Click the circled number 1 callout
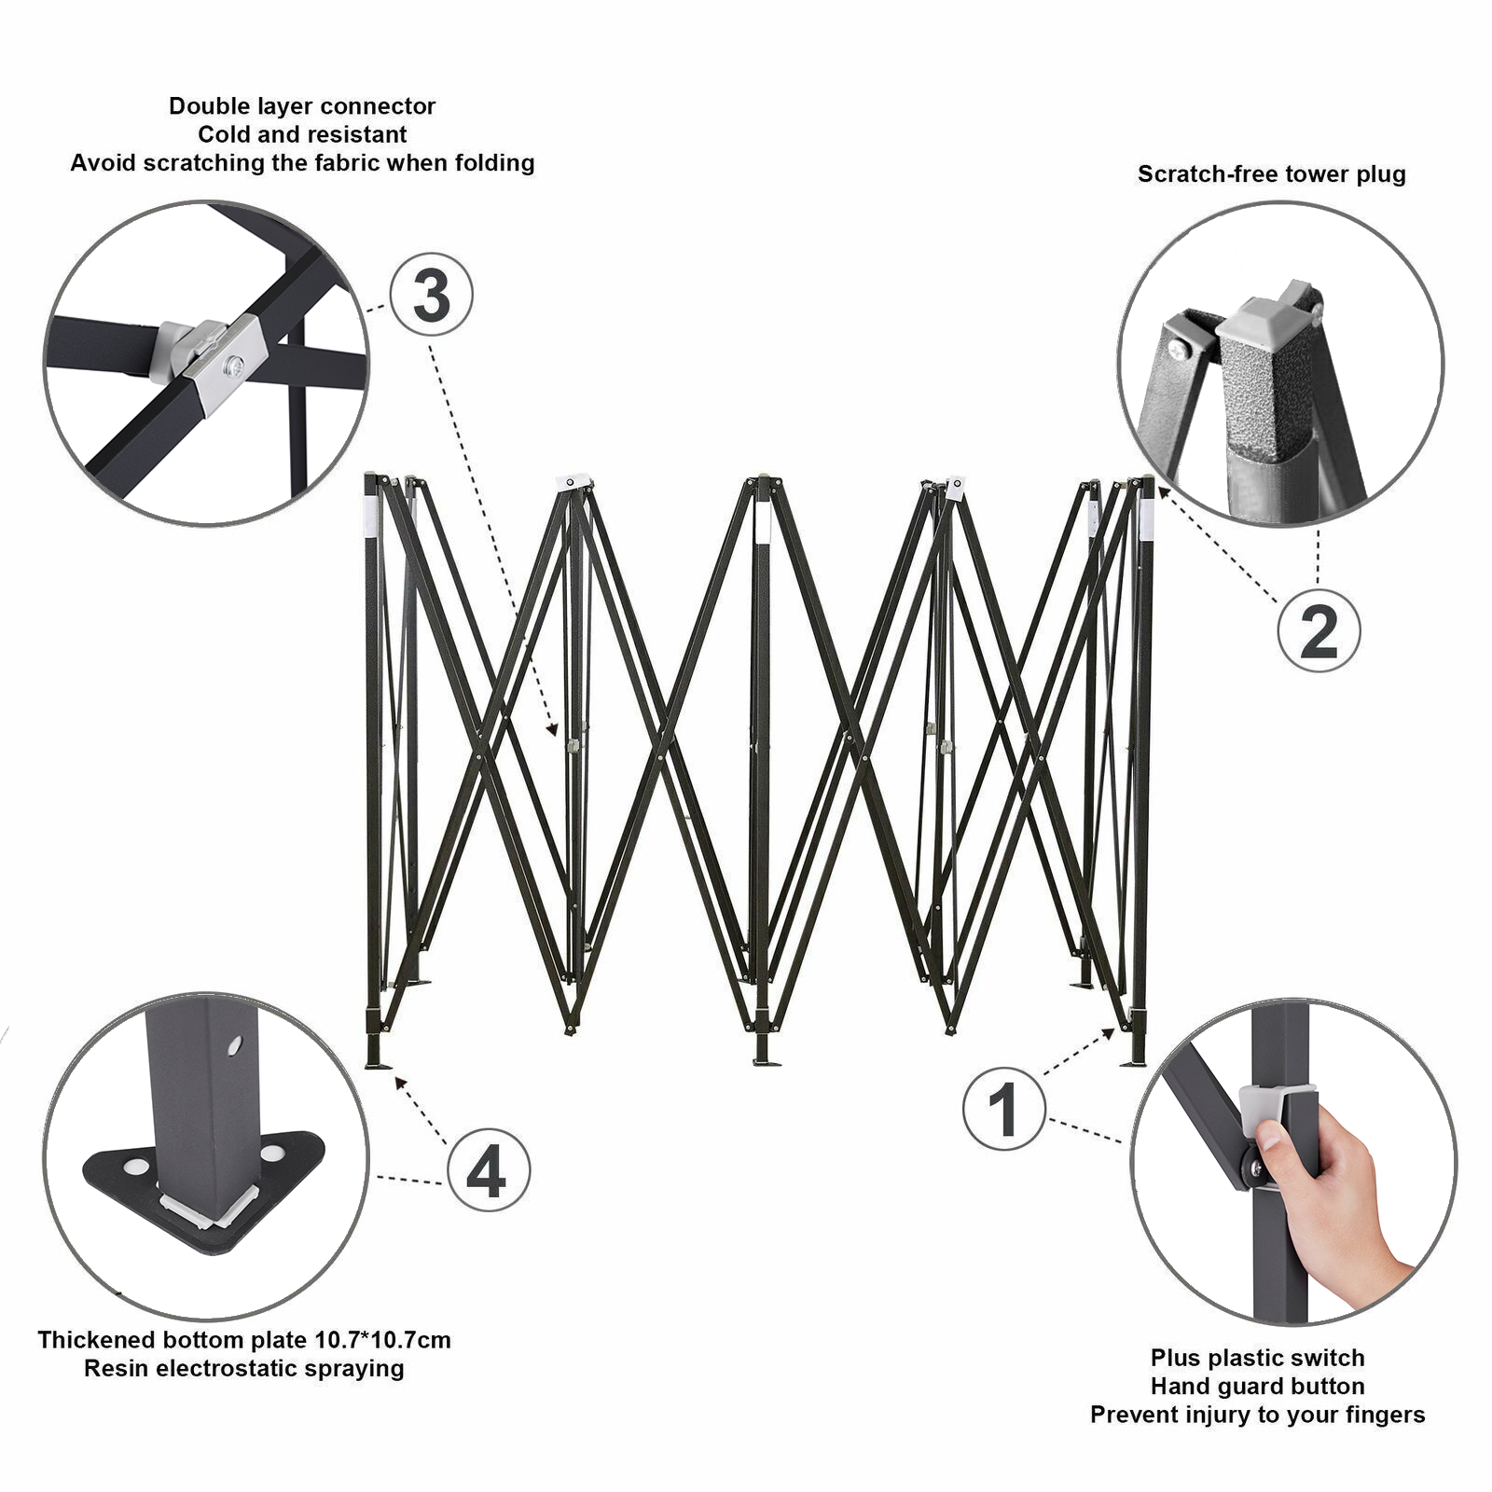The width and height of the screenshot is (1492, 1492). click(x=1003, y=1109)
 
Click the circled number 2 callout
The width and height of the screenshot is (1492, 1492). click(x=1319, y=631)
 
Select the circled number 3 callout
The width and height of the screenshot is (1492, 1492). click(x=431, y=296)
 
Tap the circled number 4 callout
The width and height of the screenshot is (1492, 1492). click(x=489, y=1170)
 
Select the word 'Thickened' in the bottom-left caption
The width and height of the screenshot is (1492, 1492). click(x=97, y=1340)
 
